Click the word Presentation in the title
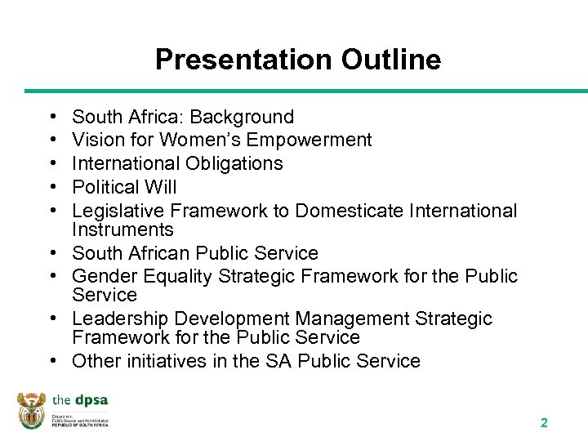pyautogui.click(x=240, y=60)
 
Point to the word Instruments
pyautogui.click(x=122, y=230)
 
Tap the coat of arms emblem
pyautogui.click(x=32, y=410)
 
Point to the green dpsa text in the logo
pyautogui.click(x=91, y=400)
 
